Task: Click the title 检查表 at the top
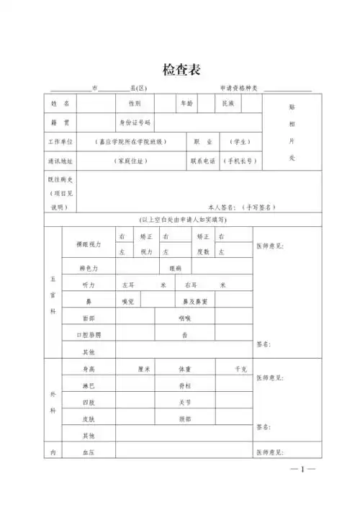(x=181, y=70)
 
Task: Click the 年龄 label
(x=186, y=104)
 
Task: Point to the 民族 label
(x=228, y=104)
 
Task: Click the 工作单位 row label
(x=60, y=142)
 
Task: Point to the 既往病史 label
(x=60, y=180)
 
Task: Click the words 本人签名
(x=222, y=207)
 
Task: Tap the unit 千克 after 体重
(x=240, y=369)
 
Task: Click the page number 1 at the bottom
(x=302, y=470)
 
